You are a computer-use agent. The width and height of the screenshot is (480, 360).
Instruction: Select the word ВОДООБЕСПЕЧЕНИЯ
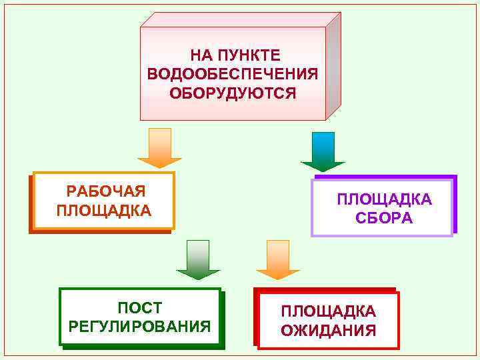point(233,73)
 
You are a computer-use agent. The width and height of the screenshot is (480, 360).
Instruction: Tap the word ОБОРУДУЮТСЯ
point(233,92)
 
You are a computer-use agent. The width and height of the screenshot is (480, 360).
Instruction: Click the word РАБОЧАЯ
point(106,192)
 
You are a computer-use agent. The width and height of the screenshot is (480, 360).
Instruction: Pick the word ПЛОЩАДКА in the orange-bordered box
point(104,211)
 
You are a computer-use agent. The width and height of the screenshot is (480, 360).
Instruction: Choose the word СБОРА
point(384,218)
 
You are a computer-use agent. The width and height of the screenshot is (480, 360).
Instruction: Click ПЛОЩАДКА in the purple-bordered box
point(384,199)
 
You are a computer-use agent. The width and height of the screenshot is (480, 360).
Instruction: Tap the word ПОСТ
point(140,308)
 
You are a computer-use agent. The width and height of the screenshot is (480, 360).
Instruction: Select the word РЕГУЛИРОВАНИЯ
point(140,327)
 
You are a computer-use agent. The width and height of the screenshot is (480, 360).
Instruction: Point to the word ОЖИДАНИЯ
point(328,330)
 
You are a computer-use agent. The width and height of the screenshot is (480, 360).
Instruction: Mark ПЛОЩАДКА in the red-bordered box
point(328,311)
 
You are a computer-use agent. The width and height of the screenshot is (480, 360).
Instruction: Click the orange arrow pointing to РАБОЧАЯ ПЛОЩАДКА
point(159,148)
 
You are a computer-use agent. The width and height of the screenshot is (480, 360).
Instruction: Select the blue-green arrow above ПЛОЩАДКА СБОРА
point(323,152)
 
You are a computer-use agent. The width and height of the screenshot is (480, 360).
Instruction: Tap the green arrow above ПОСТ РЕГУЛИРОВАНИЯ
point(198,260)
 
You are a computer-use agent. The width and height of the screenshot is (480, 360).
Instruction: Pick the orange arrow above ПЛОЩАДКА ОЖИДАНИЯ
point(278,260)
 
